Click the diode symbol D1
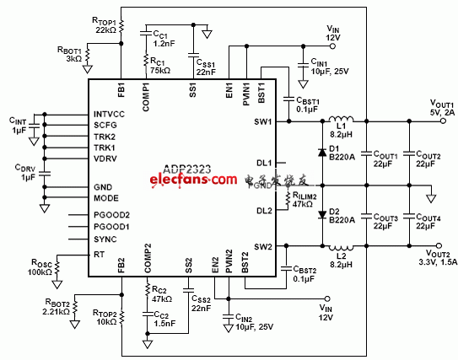pos(322,153)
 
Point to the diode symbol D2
pos(322,214)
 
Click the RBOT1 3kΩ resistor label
pos(68,55)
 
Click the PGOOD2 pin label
pos(111,215)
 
